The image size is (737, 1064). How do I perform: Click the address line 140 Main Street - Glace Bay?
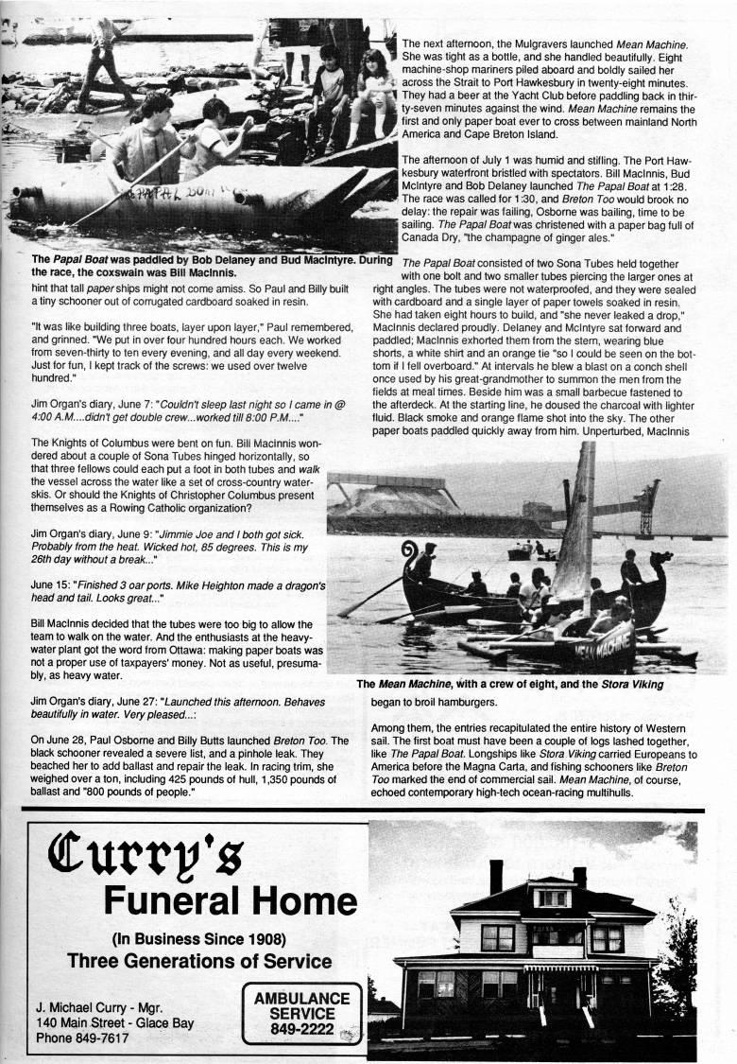119,1022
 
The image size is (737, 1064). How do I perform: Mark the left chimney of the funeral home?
496,877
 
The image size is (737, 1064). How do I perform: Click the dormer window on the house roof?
553,897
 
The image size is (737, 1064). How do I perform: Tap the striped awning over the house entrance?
561,968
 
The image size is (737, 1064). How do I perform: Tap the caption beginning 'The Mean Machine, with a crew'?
509,684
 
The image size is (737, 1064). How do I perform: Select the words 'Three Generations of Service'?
199,962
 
